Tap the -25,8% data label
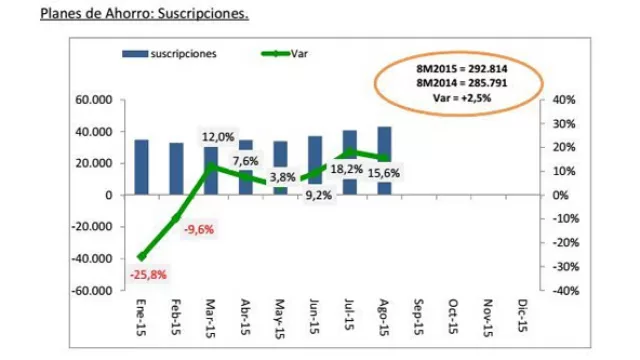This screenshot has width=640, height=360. coord(148,275)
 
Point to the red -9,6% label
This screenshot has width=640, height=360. coord(198,229)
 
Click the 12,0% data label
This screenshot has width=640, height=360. coord(218,137)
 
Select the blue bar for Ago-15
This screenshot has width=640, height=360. coord(384,160)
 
